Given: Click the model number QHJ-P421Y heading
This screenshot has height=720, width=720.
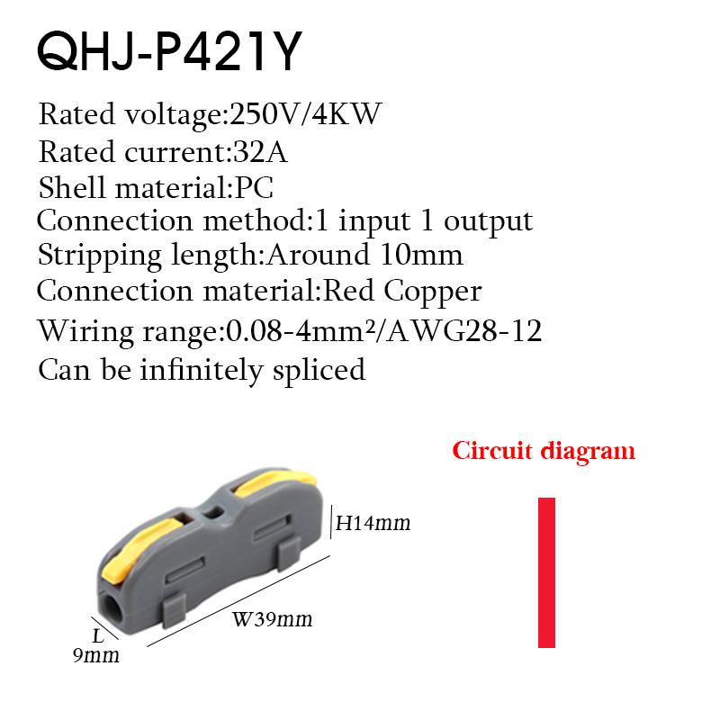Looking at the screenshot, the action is pos(166,54).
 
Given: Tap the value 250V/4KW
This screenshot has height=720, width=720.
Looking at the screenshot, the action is pos(307,115).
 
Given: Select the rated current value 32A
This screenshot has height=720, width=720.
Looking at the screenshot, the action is pos(258,152).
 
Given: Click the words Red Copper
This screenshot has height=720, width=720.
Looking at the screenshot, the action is pos(401,292).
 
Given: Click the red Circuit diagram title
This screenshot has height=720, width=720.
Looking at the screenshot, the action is pos(544,450).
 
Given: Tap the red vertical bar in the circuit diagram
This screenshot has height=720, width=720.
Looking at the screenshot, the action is pos(546,572).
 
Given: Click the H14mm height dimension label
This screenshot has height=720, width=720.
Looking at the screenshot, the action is pos(373,522).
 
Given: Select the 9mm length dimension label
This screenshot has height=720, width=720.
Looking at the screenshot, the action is pos(96,655).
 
